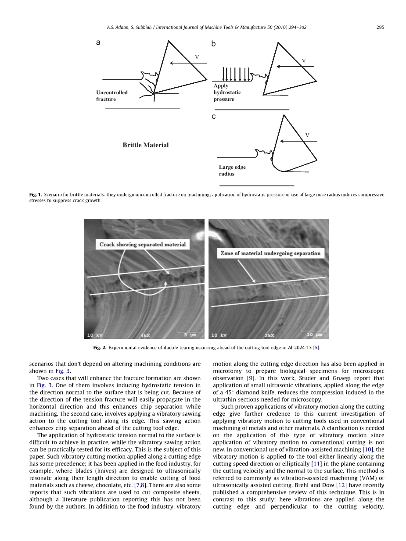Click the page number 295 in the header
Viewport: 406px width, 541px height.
tap(380, 27)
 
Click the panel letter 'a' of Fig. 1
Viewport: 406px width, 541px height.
tap(98, 43)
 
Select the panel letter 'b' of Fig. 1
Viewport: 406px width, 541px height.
tap(213, 44)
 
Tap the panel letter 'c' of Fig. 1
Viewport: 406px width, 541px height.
tap(213, 117)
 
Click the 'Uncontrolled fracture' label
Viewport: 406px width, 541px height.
tap(112, 96)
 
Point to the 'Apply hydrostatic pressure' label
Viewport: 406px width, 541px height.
tap(227, 93)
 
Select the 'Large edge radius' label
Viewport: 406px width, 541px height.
tap(232, 170)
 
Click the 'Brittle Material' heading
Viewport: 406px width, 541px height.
tap(145, 145)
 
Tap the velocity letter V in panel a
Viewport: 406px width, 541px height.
tap(197, 57)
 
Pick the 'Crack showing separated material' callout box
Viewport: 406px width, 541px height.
tap(143, 245)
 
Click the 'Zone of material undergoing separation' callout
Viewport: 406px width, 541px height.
tap(270, 253)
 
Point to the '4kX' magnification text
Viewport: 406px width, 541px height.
tap(145, 335)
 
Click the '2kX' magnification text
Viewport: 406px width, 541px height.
tap(269, 335)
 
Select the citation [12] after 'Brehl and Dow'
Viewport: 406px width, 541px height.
tap(341, 485)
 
